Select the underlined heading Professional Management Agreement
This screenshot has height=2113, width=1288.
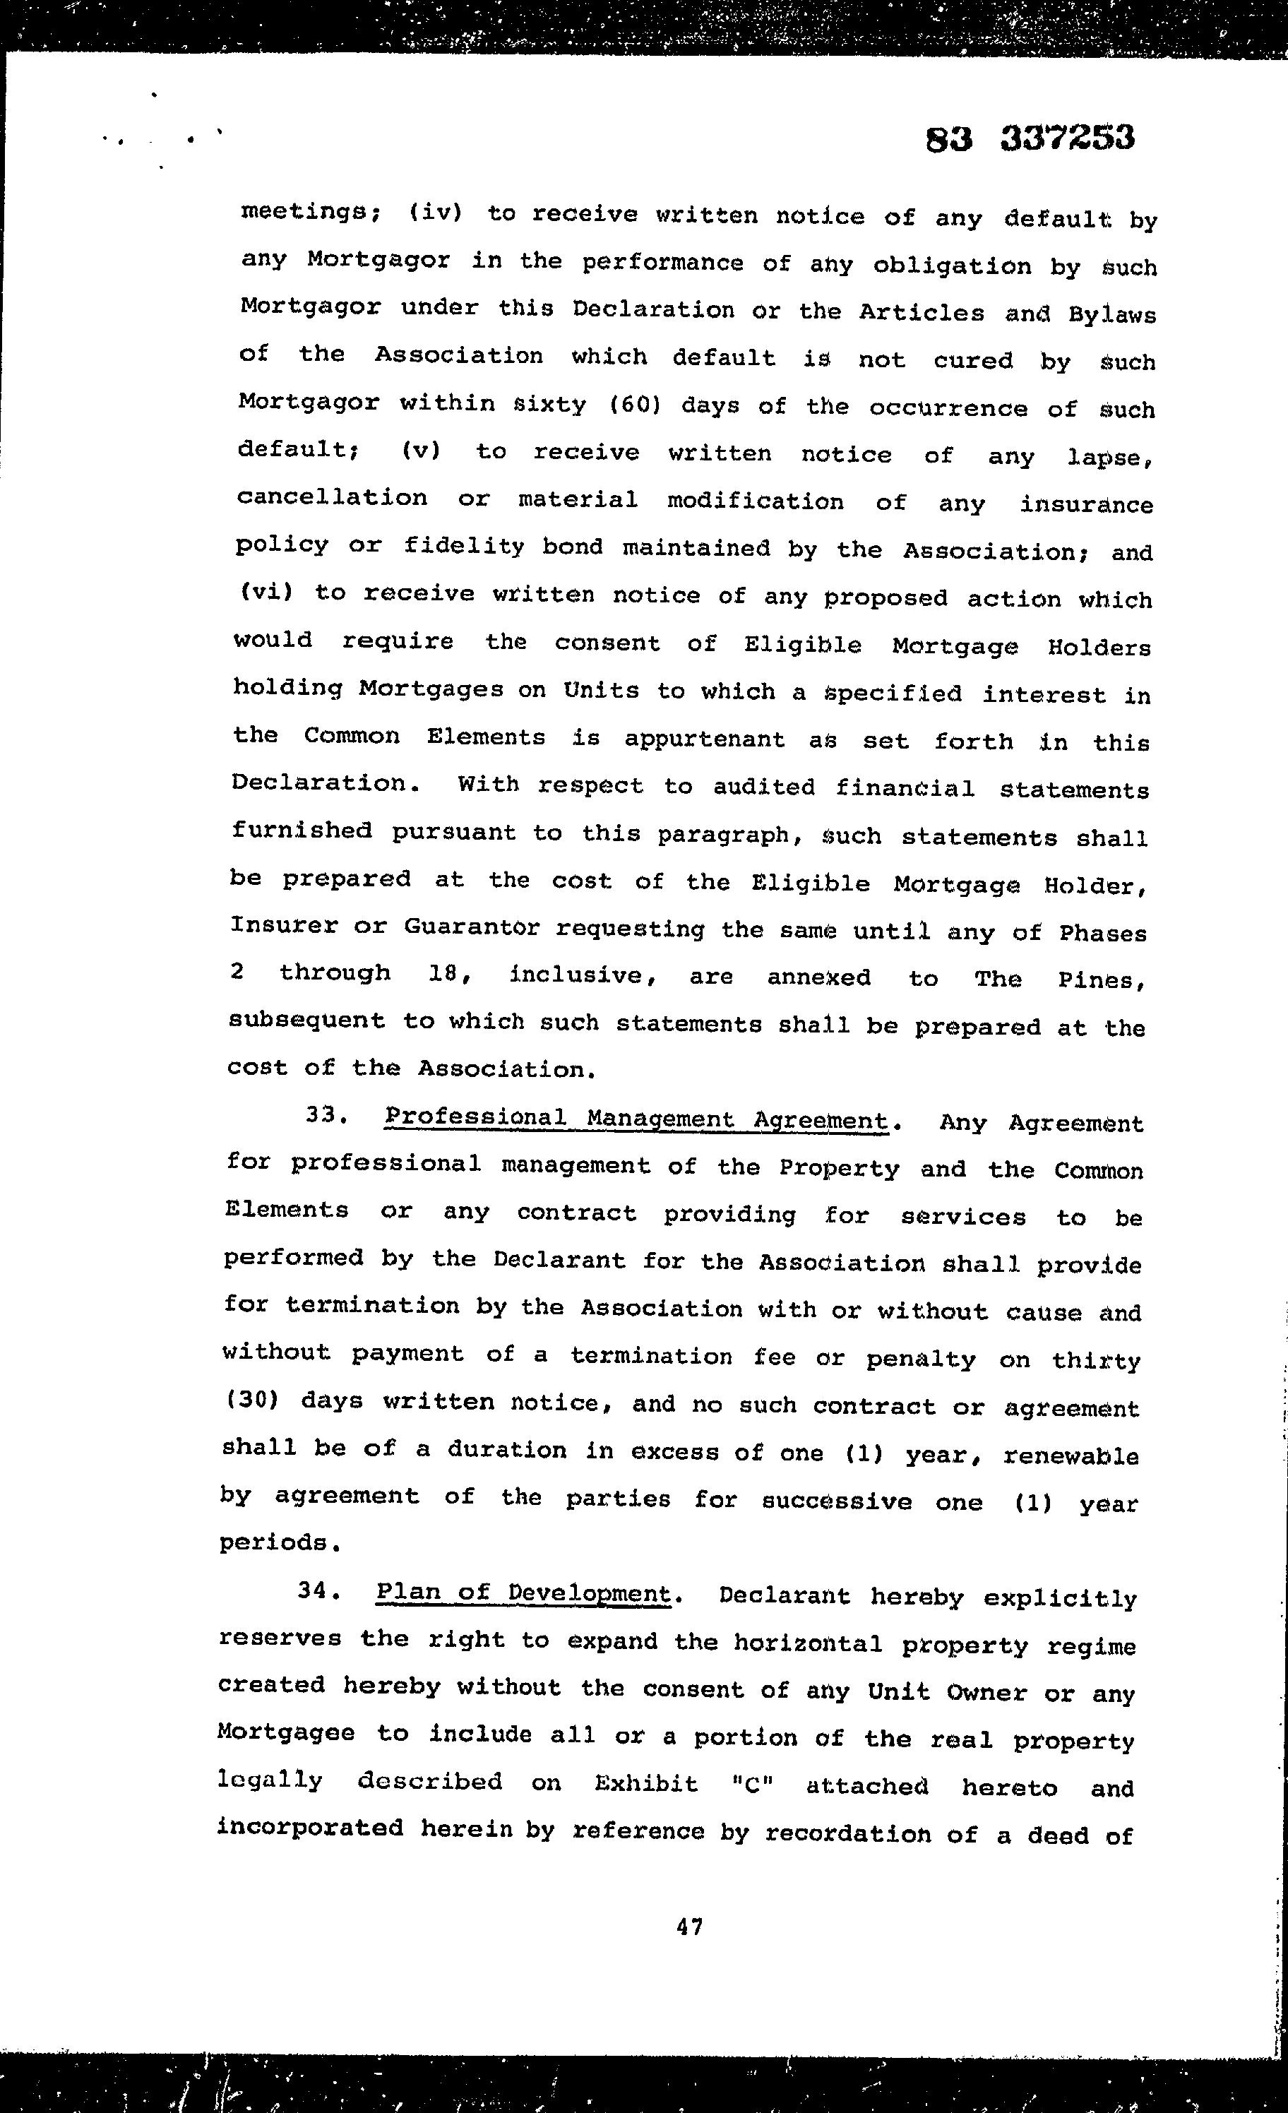(636, 1119)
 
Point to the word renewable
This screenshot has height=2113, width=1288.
(1071, 1456)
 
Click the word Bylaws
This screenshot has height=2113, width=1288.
(1112, 315)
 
